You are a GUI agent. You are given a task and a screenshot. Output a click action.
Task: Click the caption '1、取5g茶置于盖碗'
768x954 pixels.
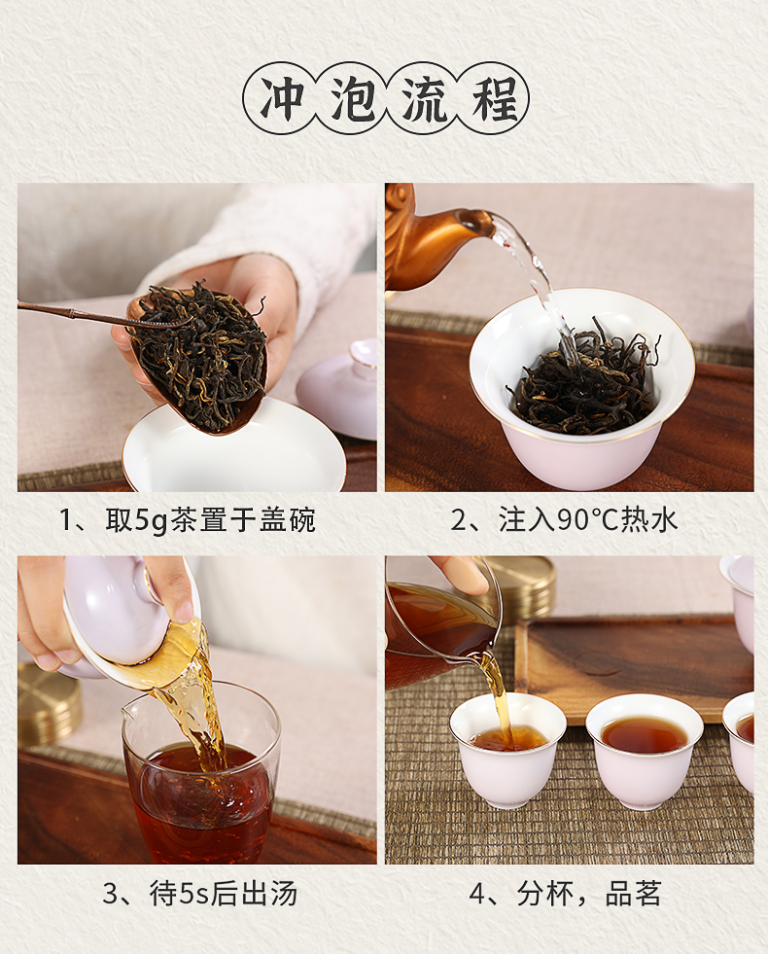tap(188, 520)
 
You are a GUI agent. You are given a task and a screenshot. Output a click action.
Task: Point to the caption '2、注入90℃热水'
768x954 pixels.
tap(564, 520)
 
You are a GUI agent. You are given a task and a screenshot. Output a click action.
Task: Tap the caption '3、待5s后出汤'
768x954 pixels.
tap(199, 894)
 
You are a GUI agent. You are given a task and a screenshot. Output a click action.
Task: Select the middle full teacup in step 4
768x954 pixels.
tap(645, 752)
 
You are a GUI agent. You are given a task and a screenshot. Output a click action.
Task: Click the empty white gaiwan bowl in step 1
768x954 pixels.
tap(234, 450)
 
